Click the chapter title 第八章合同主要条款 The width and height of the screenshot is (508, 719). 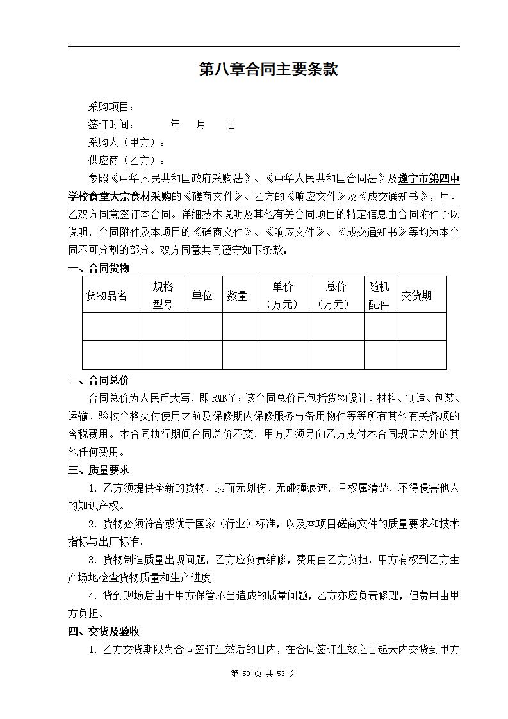(x=268, y=70)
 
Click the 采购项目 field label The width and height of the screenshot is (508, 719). (x=111, y=107)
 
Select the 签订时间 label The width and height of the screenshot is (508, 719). (x=111, y=125)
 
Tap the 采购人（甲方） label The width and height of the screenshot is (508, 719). (x=126, y=143)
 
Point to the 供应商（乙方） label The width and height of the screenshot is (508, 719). (x=126, y=161)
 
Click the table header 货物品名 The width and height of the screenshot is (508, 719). (x=107, y=295)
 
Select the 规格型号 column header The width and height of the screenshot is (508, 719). (x=163, y=295)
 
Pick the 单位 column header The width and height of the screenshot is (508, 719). (x=202, y=295)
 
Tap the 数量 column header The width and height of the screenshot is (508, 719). (x=237, y=295)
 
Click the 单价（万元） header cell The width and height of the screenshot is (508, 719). (x=283, y=295)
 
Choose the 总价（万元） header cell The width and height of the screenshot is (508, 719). (x=336, y=295)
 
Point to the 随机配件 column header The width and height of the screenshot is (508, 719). (x=379, y=295)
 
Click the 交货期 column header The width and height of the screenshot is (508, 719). (x=416, y=295)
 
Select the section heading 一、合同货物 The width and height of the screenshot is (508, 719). (x=99, y=269)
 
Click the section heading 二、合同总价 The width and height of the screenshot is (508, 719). (x=99, y=381)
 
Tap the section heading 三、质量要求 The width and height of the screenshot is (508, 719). (x=99, y=470)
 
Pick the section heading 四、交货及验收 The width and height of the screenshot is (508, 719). (x=104, y=632)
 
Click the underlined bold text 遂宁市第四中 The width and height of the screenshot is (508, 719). (x=429, y=179)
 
